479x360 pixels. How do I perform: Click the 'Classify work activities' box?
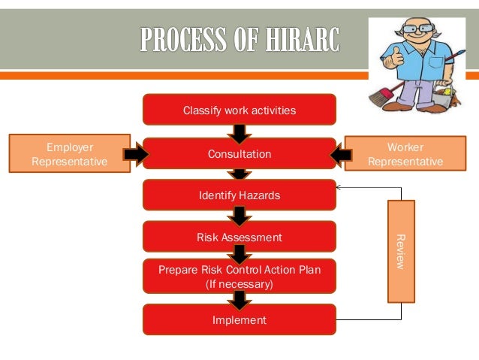[239, 110]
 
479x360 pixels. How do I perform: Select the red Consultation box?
[239, 153]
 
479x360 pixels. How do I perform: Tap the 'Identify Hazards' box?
[239, 195]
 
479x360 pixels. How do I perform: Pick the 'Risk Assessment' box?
[239, 237]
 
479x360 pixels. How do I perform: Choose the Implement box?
[239, 319]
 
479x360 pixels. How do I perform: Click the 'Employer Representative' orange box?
[69, 154]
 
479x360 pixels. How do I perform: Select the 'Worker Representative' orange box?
[405, 154]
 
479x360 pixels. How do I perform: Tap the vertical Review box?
[400, 251]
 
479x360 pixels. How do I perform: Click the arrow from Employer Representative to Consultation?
[136, 154]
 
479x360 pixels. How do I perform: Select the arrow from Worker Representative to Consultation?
[342, 154]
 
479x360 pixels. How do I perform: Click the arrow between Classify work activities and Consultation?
[239, 134]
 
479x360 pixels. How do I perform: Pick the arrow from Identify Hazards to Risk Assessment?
[239, 216]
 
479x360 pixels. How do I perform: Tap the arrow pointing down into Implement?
[239, 300]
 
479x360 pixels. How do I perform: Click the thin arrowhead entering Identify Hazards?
[340, 187]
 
